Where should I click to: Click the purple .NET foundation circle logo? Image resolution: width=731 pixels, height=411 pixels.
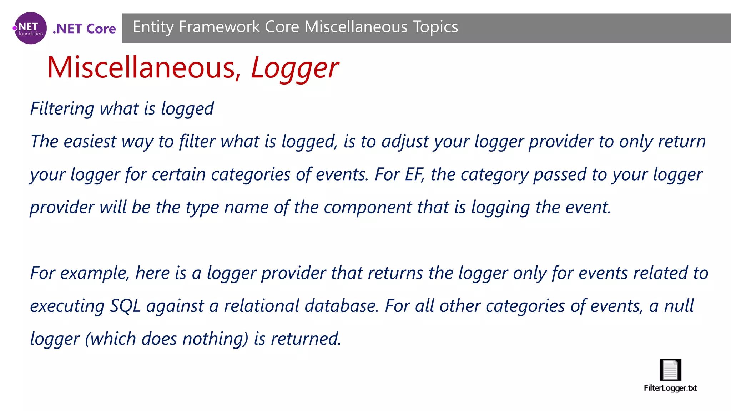click(30, 28)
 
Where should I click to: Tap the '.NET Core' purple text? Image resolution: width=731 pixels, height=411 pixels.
click(84, 29)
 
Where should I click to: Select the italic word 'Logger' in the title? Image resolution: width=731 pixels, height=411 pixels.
click(294, 68)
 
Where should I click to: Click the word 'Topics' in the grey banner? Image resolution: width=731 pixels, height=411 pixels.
click(435, 27)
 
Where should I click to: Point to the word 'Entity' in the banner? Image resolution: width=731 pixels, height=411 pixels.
click(153, 27)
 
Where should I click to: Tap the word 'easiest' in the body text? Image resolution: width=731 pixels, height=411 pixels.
click(90, 141)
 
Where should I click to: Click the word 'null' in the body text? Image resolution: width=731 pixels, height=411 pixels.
click(679, 306)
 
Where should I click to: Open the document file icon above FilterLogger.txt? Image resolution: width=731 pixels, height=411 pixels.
click(670, 370)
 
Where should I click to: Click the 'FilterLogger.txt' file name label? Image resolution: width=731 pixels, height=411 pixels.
click(670, 388)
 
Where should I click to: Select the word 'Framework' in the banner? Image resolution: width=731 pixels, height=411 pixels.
click(219, 27)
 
